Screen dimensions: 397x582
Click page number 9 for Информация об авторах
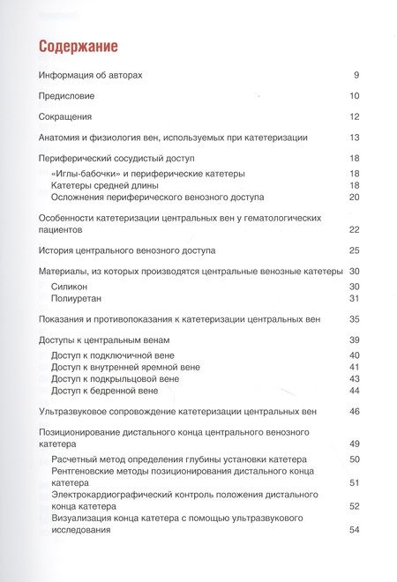tap(356, 75)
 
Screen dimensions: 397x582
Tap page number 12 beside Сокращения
tap(354, 116)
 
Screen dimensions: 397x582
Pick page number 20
tap(354, 197)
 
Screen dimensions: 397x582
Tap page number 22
tap(354, 229)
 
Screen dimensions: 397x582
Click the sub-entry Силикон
tap(71, 287)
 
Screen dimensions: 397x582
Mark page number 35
tap(354, 319)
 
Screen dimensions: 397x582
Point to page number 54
tap(354, 529)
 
